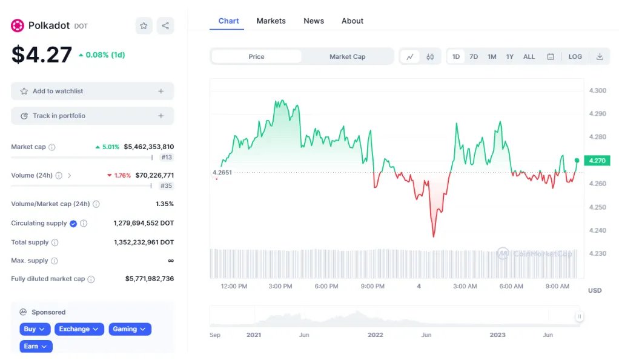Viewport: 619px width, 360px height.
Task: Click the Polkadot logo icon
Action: [x=18, y=25]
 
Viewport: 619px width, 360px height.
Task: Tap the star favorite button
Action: [x=144, y=25]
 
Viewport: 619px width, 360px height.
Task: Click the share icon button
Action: [x=165, y=25]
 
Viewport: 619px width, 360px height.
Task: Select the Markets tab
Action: [x=271, y=21]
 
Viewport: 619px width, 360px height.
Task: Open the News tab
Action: [x=314, y=21]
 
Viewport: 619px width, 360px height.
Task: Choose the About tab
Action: [x=353, y=21]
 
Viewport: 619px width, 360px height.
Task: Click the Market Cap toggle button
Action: [x=347, y=56]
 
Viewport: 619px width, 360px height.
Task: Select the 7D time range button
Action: [x=474, y=56]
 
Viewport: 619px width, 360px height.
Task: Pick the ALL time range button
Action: [x=529, y=56]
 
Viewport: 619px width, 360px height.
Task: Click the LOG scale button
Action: [x=575, y=56]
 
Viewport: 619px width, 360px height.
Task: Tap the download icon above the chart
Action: [x=600, y=56]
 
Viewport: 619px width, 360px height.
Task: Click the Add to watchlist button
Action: [x=92, y=91]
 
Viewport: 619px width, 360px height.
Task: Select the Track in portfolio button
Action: [x=92, y=116]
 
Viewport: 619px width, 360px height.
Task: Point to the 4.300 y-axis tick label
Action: [x=597, y=90]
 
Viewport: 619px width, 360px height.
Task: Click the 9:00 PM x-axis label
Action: [x=372, y=286]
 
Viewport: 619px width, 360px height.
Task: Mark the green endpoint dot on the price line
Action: [x=577, y=161]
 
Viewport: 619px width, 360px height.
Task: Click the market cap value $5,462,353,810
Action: [x=148, y=147]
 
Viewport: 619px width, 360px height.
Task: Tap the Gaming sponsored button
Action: [x=130, y=329]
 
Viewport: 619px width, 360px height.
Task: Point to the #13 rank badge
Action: [x=167, y=157]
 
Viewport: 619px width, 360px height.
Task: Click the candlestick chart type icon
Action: [x=430, y=56]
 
